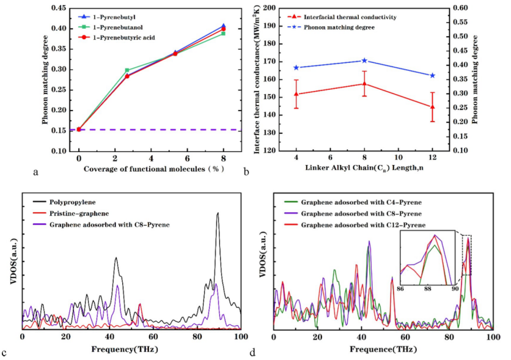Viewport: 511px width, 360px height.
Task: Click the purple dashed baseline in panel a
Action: click(x=153, y=130)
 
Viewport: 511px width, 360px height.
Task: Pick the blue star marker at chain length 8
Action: click(x=364, y=61)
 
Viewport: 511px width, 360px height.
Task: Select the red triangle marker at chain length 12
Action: click(x=449, y=107)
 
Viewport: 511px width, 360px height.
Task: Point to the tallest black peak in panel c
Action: click(x=217, y=213)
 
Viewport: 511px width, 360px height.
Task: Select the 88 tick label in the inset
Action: click(x=427, y=287)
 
